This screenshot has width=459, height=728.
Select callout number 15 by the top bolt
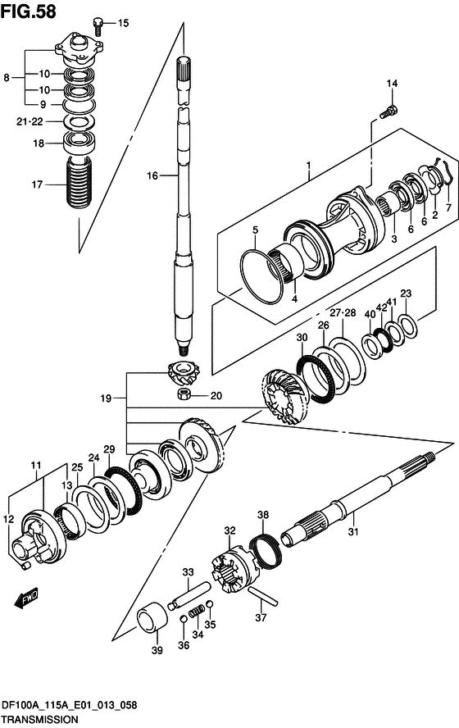tap(123, 23)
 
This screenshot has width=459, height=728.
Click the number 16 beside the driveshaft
tap(152, 175)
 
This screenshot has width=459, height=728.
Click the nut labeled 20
tap(185, 396)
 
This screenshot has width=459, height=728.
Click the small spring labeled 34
tap(196, 613)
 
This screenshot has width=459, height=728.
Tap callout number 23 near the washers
tap(405, 293)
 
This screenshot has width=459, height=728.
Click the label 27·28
tap(343, 312)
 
